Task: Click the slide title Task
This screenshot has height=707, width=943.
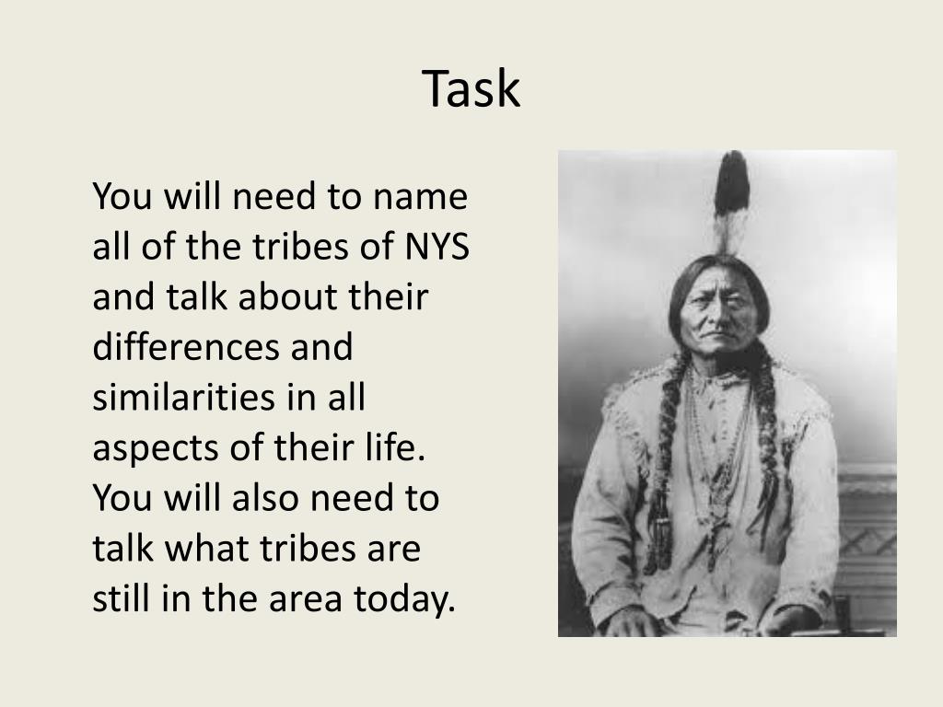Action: tap(471, 89)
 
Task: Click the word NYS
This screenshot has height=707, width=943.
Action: tap(437, 249)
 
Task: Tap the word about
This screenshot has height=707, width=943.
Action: tap(299, 298)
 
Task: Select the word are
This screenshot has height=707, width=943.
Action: tap(394, 550)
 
